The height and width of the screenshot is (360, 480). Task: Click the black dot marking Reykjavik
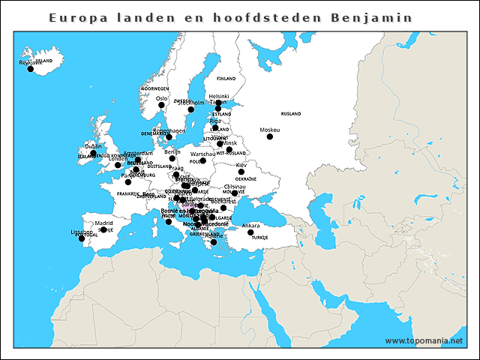click(31, 69)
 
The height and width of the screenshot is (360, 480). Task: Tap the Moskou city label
click(269, 130)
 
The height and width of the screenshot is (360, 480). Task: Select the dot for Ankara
click(250, 232)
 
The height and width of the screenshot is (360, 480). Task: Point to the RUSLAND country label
click(290, 114)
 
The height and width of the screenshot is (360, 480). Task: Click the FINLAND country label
click(226, 78)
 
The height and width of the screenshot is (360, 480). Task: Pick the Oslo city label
click(161, 97)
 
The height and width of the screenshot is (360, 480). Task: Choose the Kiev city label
click(241, 165)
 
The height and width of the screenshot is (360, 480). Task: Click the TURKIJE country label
click(259, 237)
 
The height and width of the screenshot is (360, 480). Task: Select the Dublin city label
click(93, 146)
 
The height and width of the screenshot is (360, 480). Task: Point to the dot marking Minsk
click(229, 149)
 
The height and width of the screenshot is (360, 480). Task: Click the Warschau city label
click(202, 154)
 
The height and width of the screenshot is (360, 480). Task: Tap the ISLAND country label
click(43, 61)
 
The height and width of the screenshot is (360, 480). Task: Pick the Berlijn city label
click(172, 151)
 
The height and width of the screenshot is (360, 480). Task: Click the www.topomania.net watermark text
click(424, 340)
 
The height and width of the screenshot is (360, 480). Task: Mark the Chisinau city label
click(235, 186)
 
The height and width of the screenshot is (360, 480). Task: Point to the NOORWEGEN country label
click(155, 88)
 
